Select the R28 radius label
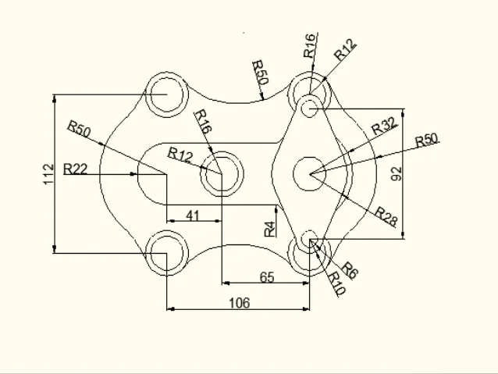pyautogui.click(x=386, y=214)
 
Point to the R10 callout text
pyautogui.click(x=336, y=283)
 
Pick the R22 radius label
pyautogui.click(x=76, y=168)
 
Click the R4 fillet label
pyautogui.click(x=269, y=228)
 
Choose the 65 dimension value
pyautogui.click(x=266, y=276)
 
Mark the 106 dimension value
pyautogui.click(x=239, y=303)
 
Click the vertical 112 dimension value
pyautogui.click(x=48, y=173)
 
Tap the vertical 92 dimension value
pyautogui.click(x=396, y=173)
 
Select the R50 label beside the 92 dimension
pyautogui.click(x=427, y=141)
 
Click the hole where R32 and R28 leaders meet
pyautogui.click(x=310, y=173)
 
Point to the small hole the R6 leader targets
pyautogui.click(x=311, y=238)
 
